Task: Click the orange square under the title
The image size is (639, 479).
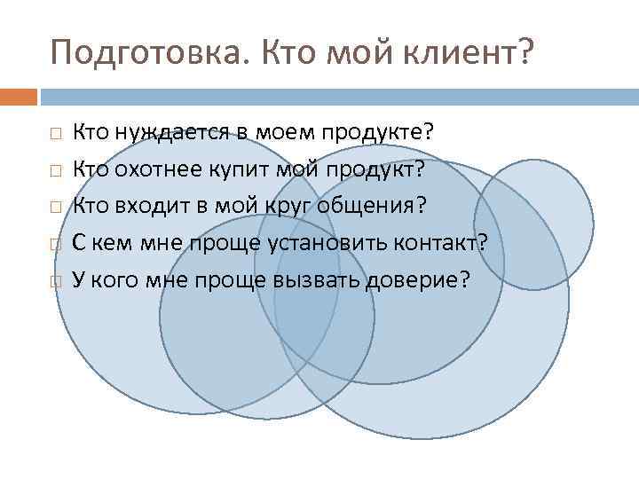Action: click(19, 94)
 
